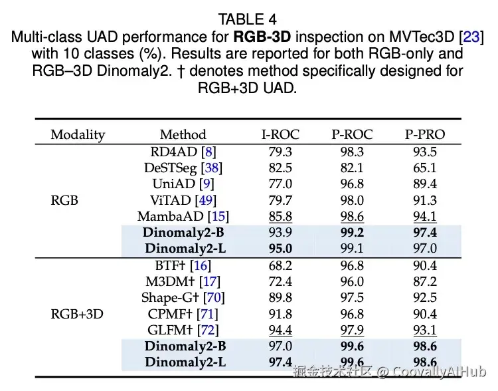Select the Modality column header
pos(78,134)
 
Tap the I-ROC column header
pos(279,134)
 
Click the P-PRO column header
pos(425,134)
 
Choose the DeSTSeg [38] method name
pos(183,168)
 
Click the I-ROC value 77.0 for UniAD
pos(279,184)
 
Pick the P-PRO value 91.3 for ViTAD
pos(425,200)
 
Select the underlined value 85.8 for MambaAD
pos(279,216)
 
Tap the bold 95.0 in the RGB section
pos(279,249)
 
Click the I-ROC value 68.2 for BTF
pos(279,265)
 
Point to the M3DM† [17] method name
pos(183,281)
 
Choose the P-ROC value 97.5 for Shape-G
pos(352,297)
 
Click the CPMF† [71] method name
pos(183,314)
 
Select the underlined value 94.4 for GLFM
pos(279,330)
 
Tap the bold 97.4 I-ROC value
pos(279,362)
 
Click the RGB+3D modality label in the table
pos(77,314)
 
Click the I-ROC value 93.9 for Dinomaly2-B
pos(279,233)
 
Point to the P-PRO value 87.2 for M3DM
pos(425,281)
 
